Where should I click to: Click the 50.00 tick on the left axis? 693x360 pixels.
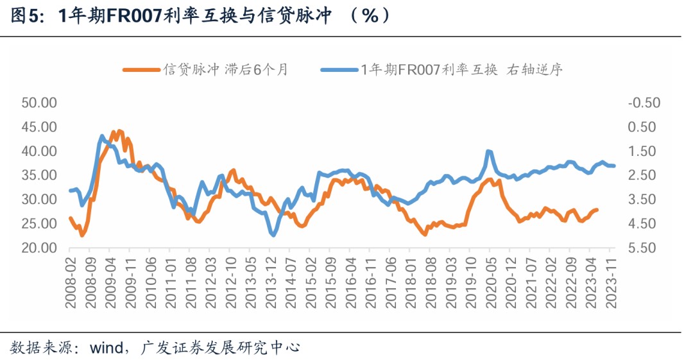[x=40, y=103]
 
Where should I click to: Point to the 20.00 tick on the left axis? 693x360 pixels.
[x=40, y=248]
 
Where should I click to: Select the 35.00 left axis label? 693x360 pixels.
[x=40, y=175]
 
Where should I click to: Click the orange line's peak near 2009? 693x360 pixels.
[x=119, y=131]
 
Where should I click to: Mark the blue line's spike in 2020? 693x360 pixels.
[x=488, y=151]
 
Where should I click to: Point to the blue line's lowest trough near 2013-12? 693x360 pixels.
[x=273, y=236]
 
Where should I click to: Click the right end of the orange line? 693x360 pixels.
[x=598, y=210]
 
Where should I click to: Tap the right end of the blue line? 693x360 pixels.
[x=614, y=166]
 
